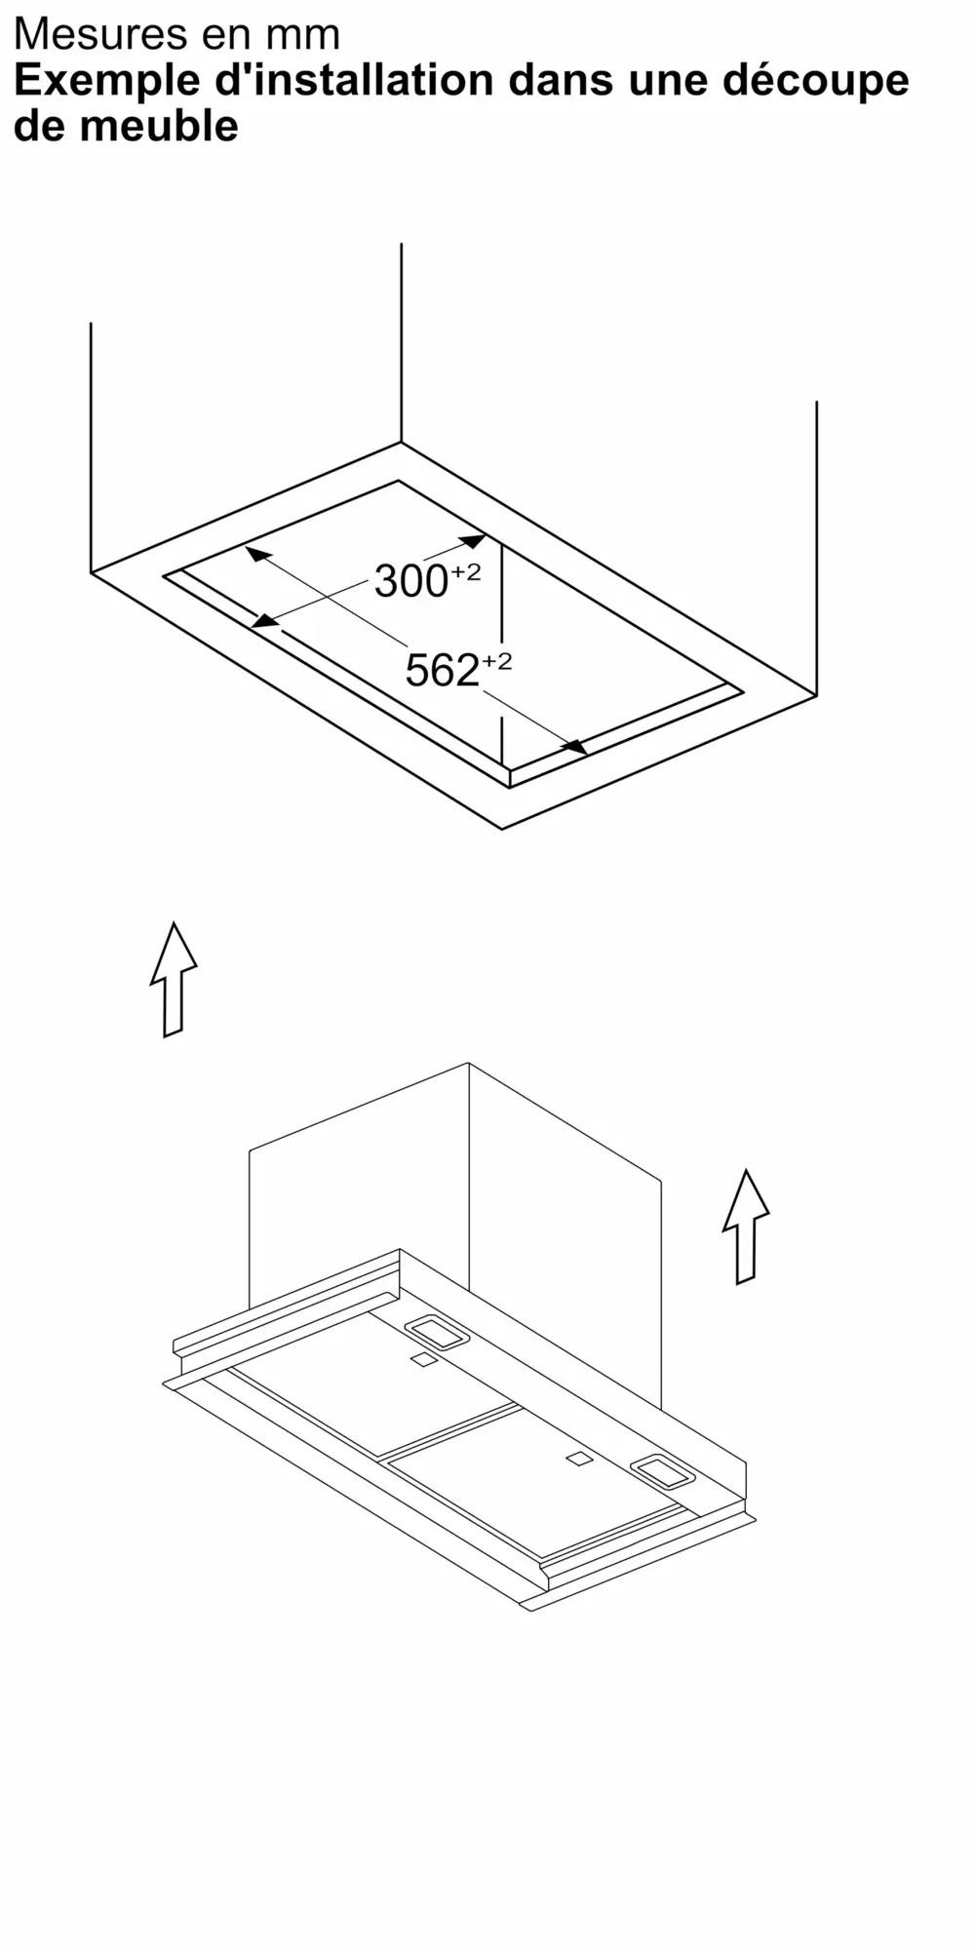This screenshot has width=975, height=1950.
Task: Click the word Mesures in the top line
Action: [100, 35]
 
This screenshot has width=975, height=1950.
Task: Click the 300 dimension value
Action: [410, 582]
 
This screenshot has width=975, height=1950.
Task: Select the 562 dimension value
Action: [443, 671]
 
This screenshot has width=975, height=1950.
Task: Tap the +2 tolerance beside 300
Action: [466, 572]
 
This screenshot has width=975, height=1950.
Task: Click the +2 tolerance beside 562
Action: [497, 662]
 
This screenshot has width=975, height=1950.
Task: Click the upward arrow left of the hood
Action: [174, 979]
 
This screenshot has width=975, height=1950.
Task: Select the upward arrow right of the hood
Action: [746, 1227]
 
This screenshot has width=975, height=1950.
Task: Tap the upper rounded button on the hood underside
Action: [437, 1333]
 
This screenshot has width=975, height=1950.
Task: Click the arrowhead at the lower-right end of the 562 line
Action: [576, 747]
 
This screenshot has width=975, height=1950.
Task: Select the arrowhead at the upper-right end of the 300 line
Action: [473, 539]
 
